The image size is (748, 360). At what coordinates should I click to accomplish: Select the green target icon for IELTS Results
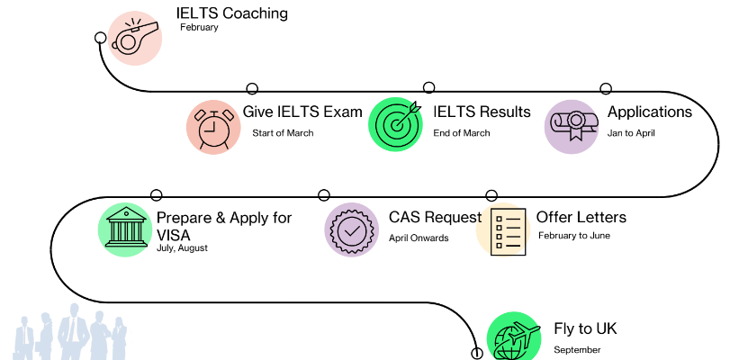[396, 123]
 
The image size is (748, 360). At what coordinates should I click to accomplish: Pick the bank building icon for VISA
[125, 231]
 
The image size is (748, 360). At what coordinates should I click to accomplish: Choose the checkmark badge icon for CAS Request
[352, 230]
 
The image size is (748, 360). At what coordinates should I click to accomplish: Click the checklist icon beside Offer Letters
[506, 231]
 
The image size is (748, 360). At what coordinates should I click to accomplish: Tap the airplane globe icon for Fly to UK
[514, 338]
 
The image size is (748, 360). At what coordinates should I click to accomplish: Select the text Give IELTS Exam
[302, 112]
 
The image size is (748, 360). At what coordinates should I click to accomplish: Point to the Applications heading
[650, 112]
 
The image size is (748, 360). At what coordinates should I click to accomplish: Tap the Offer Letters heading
[581, 218]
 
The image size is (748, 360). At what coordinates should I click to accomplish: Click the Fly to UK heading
[585, 328]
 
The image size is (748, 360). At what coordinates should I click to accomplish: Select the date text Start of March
[283, 133]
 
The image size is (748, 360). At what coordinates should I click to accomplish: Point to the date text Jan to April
[631, 133]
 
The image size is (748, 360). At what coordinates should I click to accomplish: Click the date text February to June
[574, 236]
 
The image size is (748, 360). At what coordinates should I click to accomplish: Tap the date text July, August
[182, 247]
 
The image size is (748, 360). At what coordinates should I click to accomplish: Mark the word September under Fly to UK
[577, 349]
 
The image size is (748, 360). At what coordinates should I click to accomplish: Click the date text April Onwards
[419, 238]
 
